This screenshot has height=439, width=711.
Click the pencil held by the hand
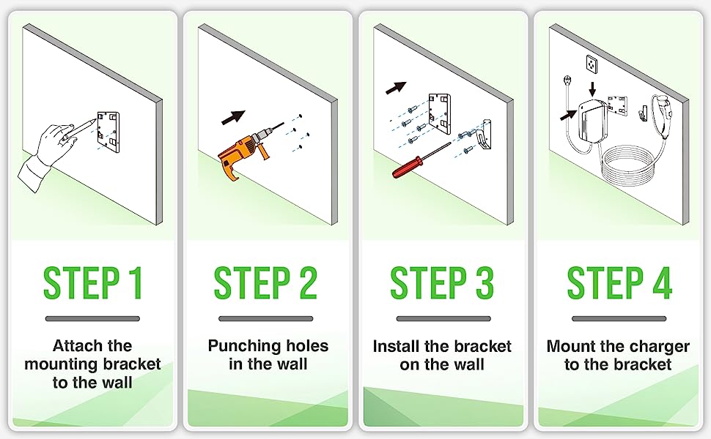click(80, 129)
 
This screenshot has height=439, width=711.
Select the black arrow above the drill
click(233, 117)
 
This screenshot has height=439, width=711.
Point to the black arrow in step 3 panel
click(396, 88)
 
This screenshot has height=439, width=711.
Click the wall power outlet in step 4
click(592, 64)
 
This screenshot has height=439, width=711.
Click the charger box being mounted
click(592, 120)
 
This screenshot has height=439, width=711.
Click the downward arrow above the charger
click(592, 89)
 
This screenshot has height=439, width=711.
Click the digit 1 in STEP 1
click(135, 283)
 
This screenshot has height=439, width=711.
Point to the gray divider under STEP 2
click(266, 318)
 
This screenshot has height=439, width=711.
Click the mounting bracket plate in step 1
click(108, 132)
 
